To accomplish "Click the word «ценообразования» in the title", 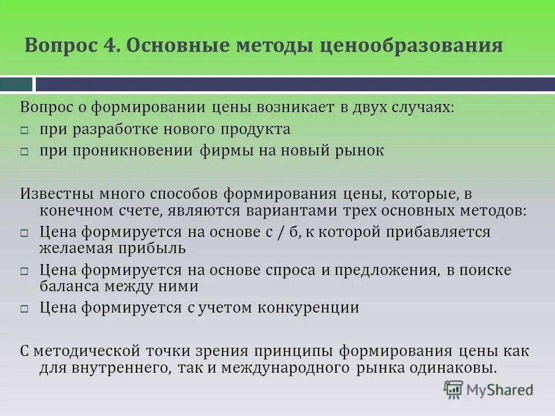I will coord(411,46).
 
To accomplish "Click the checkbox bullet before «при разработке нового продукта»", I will coord(24,131).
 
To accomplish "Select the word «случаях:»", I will coord(405,107).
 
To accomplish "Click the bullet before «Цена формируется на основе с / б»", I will coord(24,233).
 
